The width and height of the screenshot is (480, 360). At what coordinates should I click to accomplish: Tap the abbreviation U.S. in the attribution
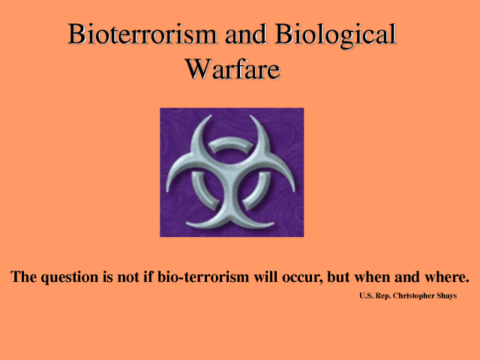coord(367,295)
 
